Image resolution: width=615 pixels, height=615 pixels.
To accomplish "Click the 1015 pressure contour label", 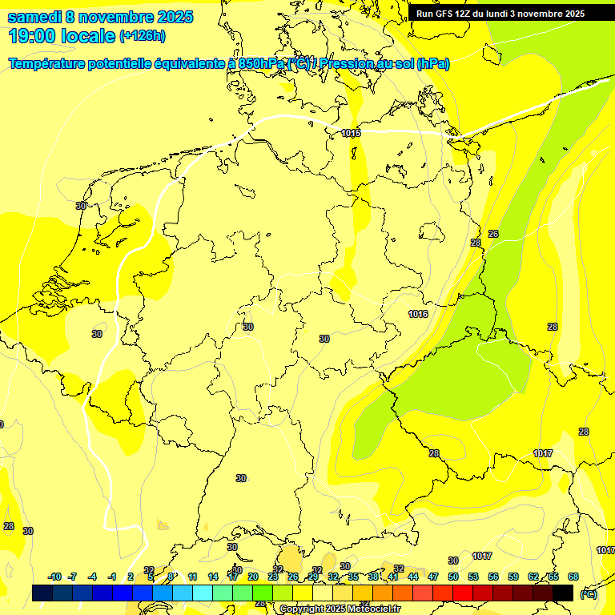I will (351, 133).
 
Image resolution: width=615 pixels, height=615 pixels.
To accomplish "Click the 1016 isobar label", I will (418, 314).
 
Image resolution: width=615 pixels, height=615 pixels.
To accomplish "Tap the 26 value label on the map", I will (493, 234).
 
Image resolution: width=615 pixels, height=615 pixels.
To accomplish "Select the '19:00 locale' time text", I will (62, 35).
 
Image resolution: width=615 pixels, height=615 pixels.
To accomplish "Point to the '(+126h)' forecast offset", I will (143, 35).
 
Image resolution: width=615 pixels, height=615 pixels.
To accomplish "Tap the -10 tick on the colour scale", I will (54, 577).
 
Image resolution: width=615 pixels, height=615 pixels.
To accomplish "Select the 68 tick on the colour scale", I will (573, 577).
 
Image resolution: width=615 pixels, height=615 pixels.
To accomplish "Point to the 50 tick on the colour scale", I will (453, 577).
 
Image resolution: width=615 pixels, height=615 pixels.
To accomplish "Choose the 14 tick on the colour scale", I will (213, 577).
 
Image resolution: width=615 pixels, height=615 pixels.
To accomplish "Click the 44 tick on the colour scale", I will (413, 577).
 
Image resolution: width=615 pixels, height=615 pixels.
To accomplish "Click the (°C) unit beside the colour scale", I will (589, 593).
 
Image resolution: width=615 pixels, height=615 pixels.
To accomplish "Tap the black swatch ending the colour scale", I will (563, 593).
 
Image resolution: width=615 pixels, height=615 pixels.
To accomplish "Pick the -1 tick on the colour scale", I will (112, 577).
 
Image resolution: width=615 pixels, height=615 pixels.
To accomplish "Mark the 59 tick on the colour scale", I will (513, 577).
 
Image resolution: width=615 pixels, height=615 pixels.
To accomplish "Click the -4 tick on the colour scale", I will (92, 577).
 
